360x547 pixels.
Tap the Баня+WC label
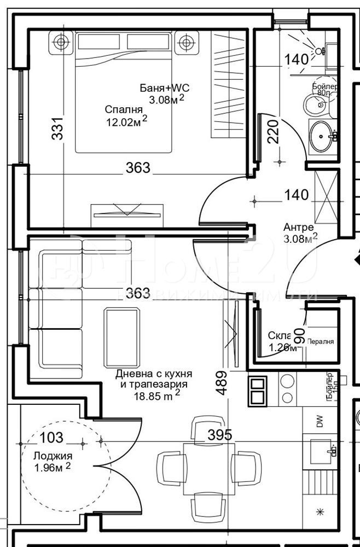[165, 88]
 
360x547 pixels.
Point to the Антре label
[298, 227]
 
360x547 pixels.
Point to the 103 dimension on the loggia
[51, 437]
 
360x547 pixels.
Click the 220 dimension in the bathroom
[274, 131]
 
